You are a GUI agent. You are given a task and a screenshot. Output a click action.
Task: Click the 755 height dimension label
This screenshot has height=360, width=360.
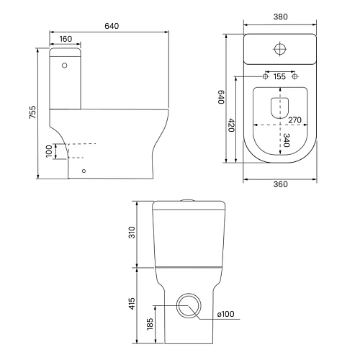pos(32,112)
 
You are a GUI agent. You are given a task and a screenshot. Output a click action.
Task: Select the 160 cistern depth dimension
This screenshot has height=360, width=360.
pos(66,39)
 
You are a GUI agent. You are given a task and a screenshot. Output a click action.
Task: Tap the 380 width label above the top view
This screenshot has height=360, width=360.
pos(280,17)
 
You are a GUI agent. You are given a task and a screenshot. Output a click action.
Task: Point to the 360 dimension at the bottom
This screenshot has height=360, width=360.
pos(280,184)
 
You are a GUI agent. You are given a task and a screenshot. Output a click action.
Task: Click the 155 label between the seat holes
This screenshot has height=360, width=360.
pos(279,76)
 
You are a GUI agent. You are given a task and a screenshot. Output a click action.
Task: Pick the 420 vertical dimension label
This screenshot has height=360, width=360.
pos(231,125)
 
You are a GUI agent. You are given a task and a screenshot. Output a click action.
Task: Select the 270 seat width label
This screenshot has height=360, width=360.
pos(294,120)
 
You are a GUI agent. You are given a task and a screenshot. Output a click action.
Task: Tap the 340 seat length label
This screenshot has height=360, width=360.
pos(287,140)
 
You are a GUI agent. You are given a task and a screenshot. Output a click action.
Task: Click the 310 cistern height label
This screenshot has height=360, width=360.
pos(132,233)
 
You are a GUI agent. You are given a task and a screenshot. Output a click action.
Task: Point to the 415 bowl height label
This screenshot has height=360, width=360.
pos(132,303)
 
